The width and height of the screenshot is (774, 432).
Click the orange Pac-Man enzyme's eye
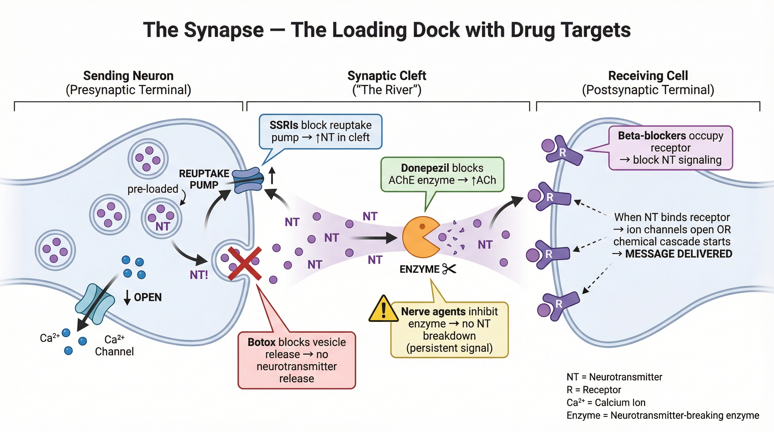(422, 226)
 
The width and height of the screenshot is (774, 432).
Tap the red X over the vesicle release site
(245, 264)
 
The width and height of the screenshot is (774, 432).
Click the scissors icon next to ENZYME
(449, 269)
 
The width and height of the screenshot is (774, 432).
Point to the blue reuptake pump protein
(248, 180)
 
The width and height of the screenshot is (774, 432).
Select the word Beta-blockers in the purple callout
(651, 136)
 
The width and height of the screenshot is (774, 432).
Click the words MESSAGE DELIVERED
(678, 254)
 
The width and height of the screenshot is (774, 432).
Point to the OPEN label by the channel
(148, 297)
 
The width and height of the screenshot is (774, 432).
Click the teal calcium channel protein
(95, 304)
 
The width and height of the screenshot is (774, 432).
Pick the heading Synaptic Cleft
(387, 76)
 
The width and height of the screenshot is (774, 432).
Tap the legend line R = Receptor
(593, 390)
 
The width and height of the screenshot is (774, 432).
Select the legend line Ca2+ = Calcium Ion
(606, 402)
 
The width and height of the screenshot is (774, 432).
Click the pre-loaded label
(153, 189)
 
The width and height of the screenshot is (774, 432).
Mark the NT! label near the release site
(199, 275)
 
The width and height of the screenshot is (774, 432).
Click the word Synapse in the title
(224, 30)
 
